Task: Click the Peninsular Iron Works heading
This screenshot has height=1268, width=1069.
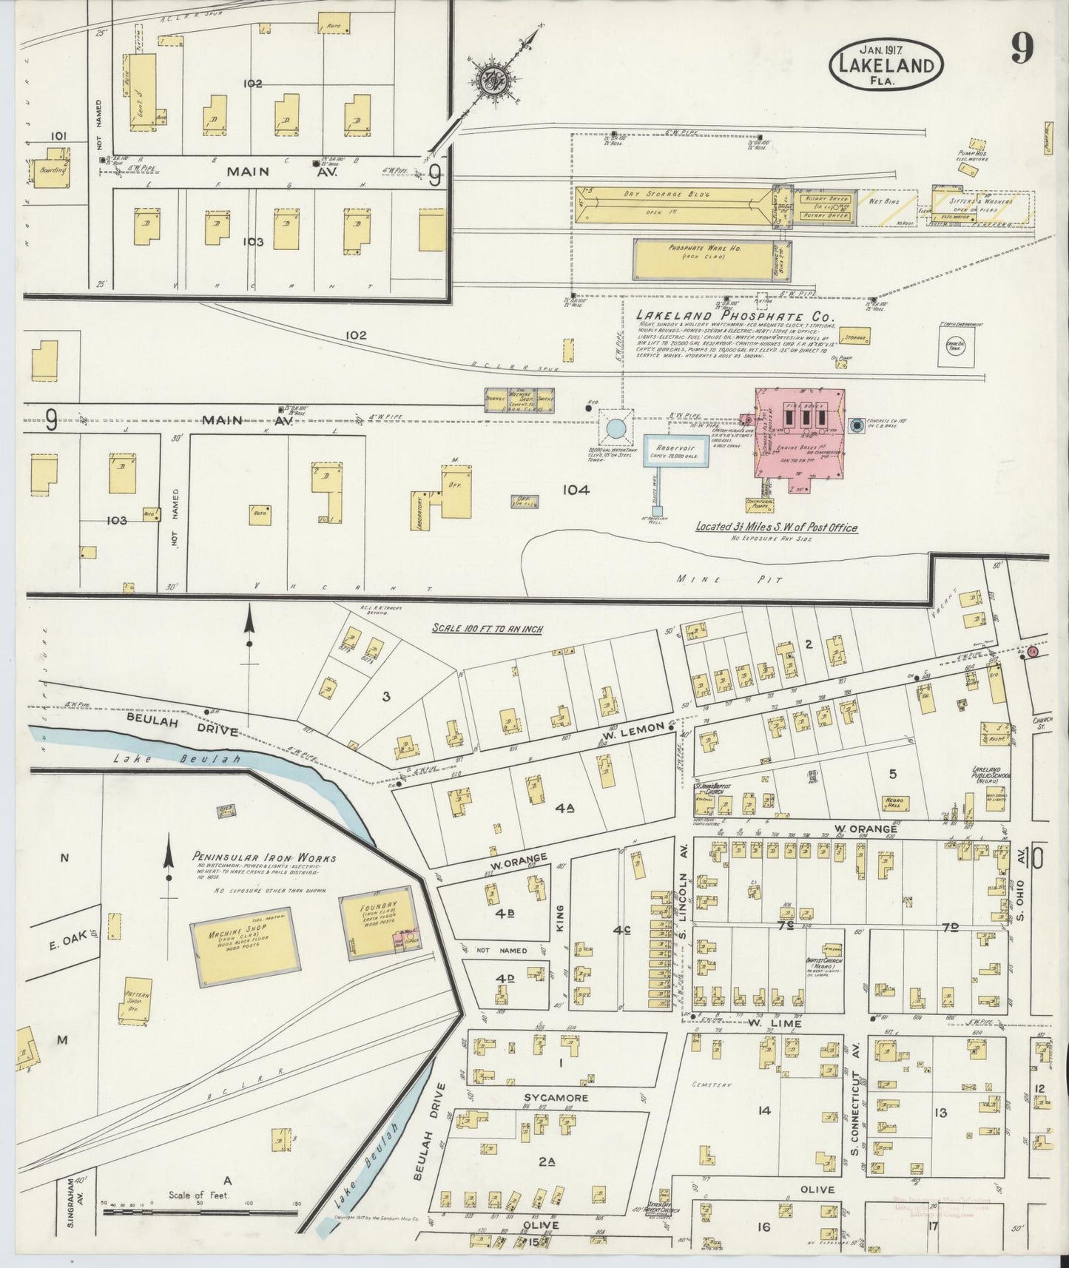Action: (x=264, y=858)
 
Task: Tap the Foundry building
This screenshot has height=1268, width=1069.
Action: (x=380, y=922)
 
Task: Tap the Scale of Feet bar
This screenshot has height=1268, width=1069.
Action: (x=200, y=1212)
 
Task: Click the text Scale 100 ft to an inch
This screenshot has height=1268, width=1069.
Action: (x=488, y=629)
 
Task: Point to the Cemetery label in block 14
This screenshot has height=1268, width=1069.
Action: (x=712, y=1085)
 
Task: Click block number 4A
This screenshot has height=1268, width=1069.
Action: (x=565, y=809)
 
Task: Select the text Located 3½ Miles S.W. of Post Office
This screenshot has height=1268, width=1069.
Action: (x=776, y=527)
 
